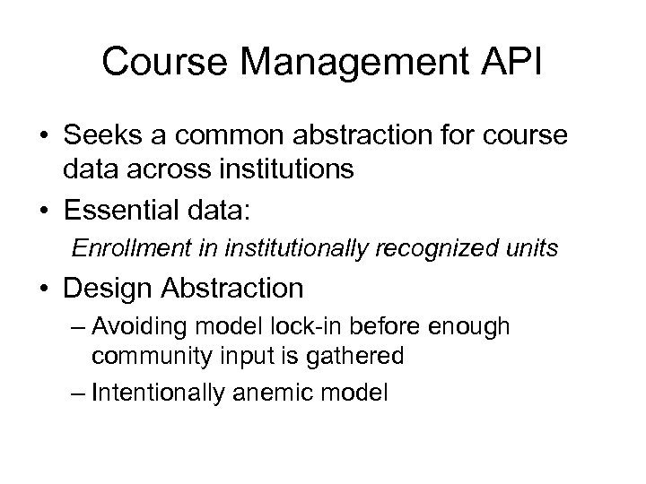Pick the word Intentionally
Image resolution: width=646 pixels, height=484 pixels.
click(159, 391)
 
